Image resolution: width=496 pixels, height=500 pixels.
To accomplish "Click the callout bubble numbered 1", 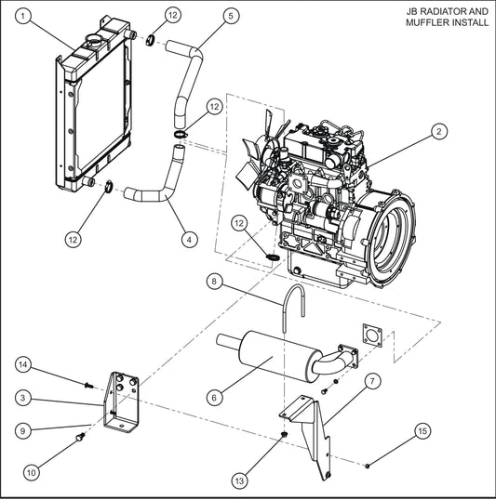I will (23, 15).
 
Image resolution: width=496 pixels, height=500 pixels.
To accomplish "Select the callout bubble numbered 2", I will (436, 132).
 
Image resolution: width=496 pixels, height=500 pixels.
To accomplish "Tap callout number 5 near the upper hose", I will (231, 15).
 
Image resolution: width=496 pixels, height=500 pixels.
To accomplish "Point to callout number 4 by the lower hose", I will (189, 239).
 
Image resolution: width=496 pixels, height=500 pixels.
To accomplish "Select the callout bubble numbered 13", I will (240, 480).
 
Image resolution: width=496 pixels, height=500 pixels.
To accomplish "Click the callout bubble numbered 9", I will (23, 431).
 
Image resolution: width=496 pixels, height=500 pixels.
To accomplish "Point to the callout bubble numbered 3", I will (23, 397).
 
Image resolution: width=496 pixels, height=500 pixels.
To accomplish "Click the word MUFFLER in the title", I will (429, 24).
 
